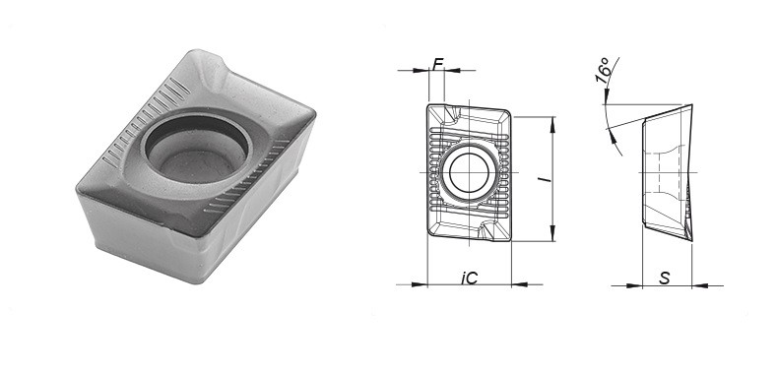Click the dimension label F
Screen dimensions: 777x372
437,64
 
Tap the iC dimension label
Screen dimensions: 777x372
469,279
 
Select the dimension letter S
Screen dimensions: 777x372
665,279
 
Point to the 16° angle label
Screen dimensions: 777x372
603,70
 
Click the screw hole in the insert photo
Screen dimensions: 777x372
196,148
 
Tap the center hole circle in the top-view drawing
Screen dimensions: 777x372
469,172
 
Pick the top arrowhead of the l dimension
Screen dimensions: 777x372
552,124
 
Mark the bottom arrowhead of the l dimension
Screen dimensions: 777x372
552,233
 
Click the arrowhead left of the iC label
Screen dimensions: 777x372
420,284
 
